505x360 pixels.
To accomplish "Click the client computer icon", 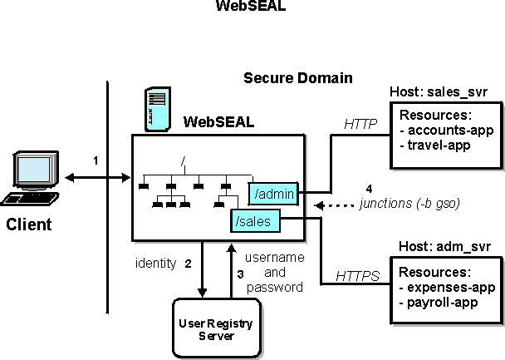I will click(x=32, y=177).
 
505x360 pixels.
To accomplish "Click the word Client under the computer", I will click(x=30, y=224).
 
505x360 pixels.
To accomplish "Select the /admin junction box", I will click(x=277, y=193).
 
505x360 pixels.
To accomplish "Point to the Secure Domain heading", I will click(x=297, y=78).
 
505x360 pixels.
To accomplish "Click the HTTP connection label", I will click(x=360, y=125).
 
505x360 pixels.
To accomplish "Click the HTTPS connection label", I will click(x=358, y=274).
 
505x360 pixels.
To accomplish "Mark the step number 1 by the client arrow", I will click(x=96, y=160).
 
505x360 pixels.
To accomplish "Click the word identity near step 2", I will click(x=155, y=264).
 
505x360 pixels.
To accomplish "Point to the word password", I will click(x=276, y=286).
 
